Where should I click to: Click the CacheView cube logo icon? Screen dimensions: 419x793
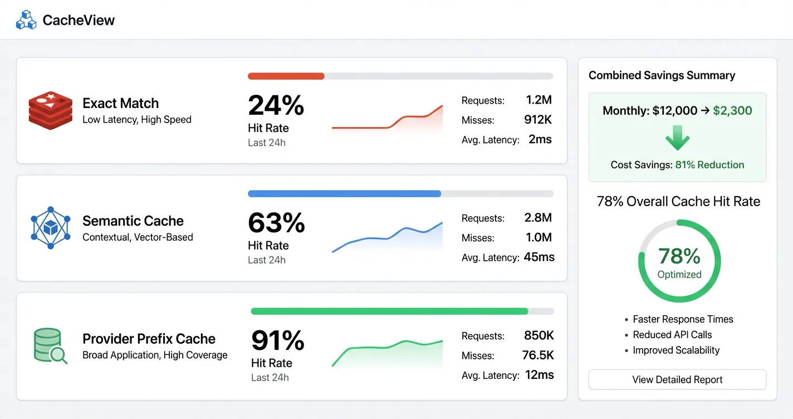pyautogui.click(x=26, y=21)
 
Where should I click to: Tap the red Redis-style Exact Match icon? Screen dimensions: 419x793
pyautogui.click(x=51, y=111)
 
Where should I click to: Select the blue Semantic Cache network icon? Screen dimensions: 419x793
pyautogui.click(x=51, y=228)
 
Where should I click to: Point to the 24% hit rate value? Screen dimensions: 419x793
pyautogui.click(x=276, y=105)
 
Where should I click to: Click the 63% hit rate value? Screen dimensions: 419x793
pyautogui.click(x=276, y=222)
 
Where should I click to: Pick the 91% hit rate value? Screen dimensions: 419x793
pyautogui.click(x=277, y=340)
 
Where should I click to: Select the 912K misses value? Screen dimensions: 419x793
pyautogui.click(x=537, y=120)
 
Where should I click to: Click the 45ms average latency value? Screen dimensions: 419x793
pyautogui.click(x=539, y=257)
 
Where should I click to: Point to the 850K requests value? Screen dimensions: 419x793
pyautogui.click(x=539, y=335)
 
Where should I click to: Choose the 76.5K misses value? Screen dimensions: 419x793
pyautogui.click(x=538, y=355)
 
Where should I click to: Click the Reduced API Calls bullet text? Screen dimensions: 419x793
pyautogui.click(x=672, y=335)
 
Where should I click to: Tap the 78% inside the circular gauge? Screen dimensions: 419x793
pyautogui.click(x=679, y=256)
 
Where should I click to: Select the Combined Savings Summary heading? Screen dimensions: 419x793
pyautogui.click(x=662, y=75)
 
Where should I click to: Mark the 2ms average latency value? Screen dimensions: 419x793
pyautogui.click(x=540, y=139)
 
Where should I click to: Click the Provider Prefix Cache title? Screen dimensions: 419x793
pyautogui.click(x=149, y=339)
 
